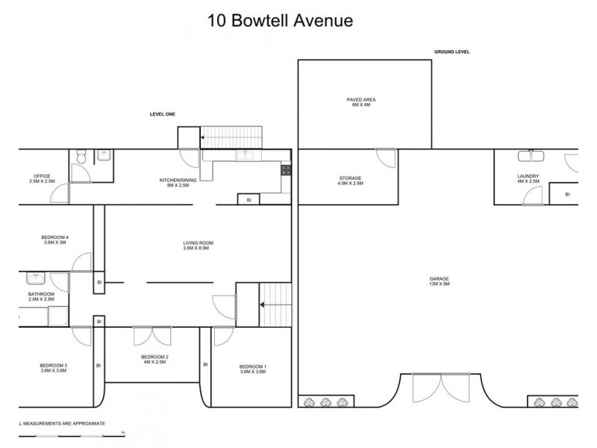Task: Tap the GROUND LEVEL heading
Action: click(451, 52)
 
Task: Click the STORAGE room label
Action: click(350, 180)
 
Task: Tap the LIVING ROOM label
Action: click(199, 245)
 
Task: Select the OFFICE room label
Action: click(42, 178)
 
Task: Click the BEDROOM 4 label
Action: click(55, 240)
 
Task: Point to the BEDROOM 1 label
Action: click(252, 369)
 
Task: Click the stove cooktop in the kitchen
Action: click(286, 171)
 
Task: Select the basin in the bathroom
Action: click(37, 279)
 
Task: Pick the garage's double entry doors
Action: click(443, 390)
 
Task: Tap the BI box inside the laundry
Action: click(567, 194)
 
